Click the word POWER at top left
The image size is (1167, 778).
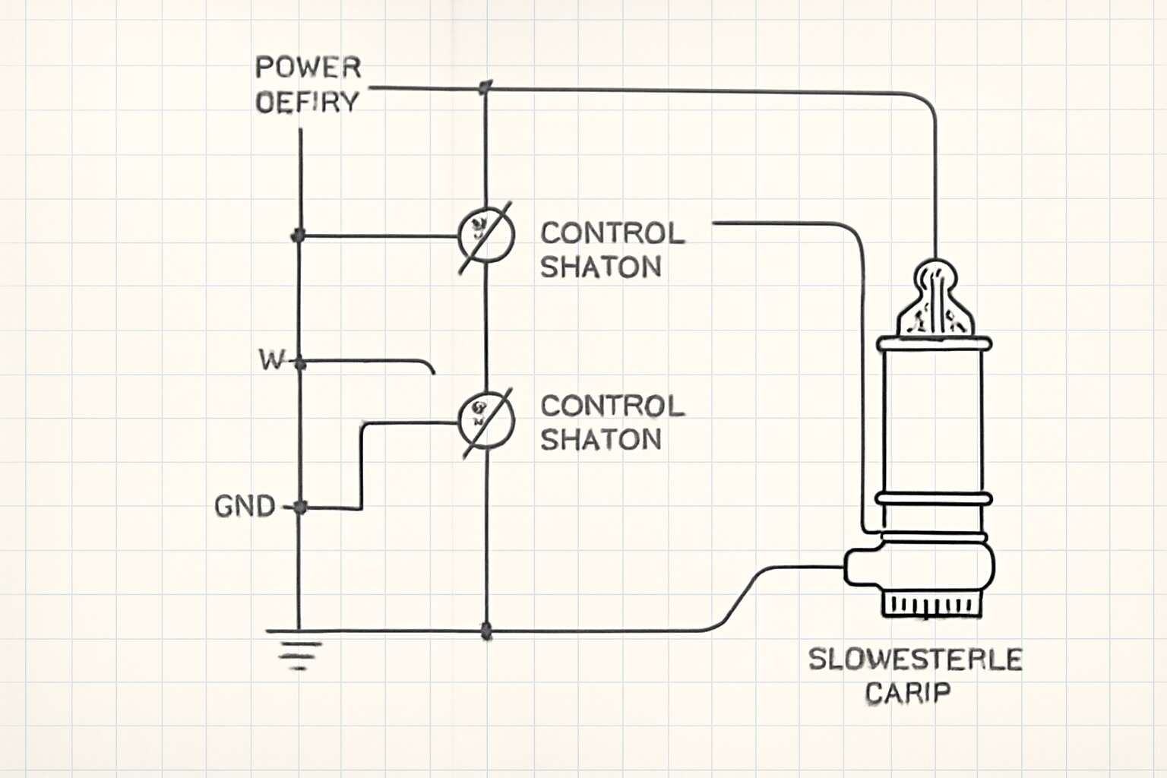[308, 68]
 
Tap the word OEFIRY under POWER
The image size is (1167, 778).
[307, 102]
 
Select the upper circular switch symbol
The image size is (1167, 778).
[486, 236]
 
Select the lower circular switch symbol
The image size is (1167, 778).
[486, 420]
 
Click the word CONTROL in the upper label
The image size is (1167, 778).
[612, 233]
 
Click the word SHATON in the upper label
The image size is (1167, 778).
[600, 267]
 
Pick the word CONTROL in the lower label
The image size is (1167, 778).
[612, 406]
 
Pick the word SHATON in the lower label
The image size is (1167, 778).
[600, 439]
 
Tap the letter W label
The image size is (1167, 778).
[270, 359]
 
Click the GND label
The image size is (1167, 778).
[245, 506]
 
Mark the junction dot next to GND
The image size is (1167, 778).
[299, 507]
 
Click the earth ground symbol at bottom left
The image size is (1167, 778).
[299, 651]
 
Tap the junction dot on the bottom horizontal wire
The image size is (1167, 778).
[486, 631]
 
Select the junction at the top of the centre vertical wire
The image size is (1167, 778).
[485, 88]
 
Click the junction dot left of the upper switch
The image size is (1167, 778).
[299, 236]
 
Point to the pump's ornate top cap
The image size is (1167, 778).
[935, 299]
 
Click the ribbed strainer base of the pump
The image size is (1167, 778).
[931, 605]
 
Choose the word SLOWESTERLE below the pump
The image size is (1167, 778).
[915, 659]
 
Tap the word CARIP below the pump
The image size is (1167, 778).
[907, 693]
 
